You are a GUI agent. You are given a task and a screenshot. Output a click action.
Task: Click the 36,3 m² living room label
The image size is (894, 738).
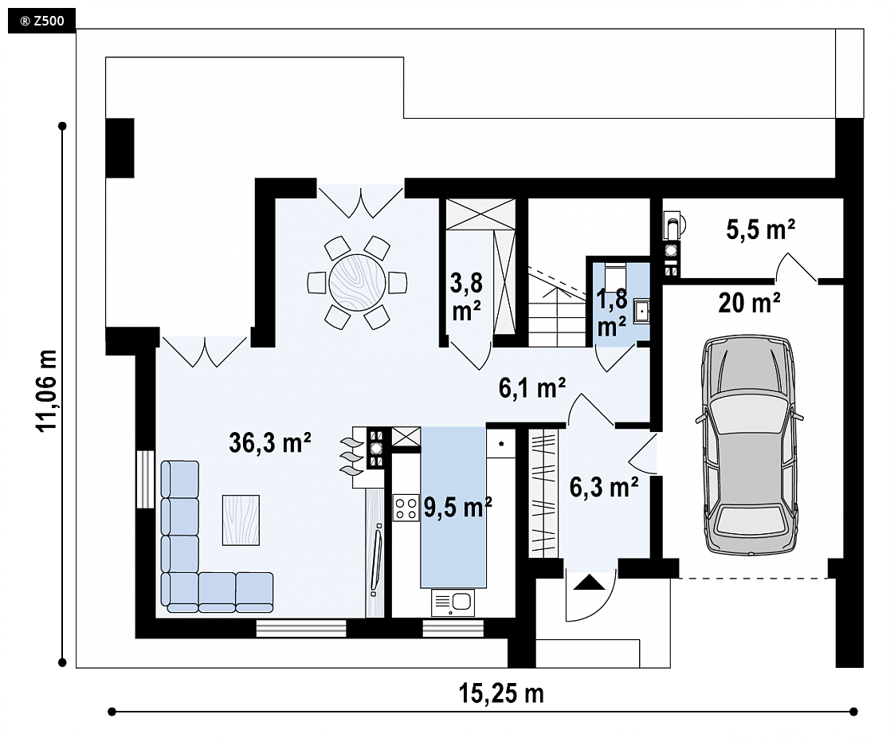coord(269,442)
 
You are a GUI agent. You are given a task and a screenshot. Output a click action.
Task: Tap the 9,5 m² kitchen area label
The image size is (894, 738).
coord(458,506)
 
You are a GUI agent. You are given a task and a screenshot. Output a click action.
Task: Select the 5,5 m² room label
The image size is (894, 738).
coord(761,230)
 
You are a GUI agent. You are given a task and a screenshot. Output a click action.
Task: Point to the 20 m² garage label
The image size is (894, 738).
coord(749,302)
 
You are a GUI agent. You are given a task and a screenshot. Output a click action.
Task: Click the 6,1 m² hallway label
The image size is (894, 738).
coord(532,388)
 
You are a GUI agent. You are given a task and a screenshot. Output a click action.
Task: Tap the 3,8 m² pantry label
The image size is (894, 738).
coord(466,296)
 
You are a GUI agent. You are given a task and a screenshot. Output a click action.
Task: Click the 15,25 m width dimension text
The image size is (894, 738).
coord(501,693)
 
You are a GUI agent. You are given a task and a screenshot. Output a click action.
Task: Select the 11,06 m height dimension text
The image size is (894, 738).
coord(47,390)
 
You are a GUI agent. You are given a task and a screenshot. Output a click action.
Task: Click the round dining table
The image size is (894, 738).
coord(357,282)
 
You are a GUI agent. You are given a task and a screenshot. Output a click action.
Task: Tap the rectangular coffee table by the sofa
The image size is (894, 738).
coord(241,520)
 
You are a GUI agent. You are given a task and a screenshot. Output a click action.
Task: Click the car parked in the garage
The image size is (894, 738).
coord(749,446)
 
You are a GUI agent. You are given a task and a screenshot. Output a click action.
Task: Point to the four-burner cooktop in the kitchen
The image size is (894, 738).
coord(406,508)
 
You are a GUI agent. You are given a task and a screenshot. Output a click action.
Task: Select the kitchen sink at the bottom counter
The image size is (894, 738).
coord(453,603)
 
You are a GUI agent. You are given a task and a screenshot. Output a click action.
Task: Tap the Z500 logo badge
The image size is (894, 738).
coord(41,22)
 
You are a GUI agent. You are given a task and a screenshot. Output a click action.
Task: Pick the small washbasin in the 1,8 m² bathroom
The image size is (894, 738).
coord(642,312)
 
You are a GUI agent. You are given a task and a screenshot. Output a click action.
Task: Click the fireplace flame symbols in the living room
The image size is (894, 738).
coord(352,456)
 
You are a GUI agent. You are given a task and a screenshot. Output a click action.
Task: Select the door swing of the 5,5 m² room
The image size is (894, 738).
coord(796,266)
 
